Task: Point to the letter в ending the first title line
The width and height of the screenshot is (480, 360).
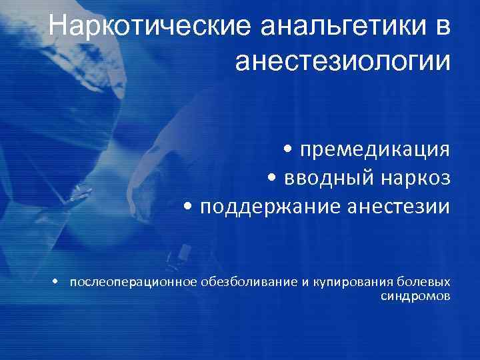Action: point(444,27)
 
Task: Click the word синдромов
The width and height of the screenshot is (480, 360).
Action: point(415,295)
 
